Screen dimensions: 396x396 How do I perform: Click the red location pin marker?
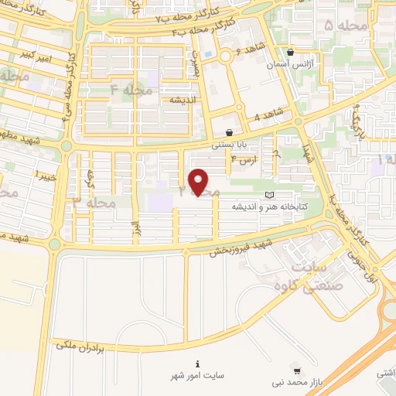[199, 182]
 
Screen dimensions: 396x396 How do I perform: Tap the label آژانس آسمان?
[289, 67]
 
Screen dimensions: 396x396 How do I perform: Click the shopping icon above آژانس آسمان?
[289, 53]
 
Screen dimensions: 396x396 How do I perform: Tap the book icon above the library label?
[269, 194]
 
